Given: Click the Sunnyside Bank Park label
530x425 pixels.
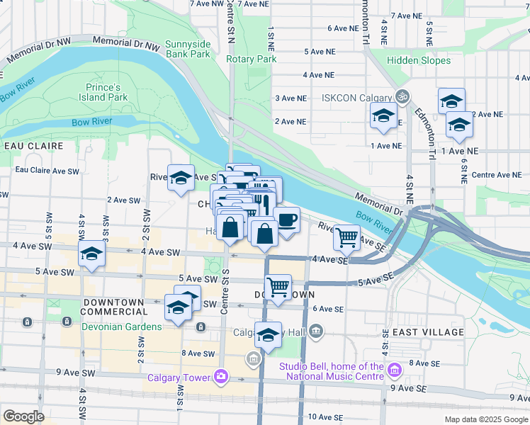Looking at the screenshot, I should click(187, 49).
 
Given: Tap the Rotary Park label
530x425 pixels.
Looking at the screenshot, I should click(251, 59).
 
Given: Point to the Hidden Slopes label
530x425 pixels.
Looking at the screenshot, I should click(419, 61).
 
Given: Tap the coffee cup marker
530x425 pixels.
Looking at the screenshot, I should click(286, 221).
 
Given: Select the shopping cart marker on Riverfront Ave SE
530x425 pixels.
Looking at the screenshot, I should click(346, 237).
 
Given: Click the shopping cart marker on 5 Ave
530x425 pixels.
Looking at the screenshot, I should click(277, 288).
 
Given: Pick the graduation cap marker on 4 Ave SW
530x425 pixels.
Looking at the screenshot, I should click(91, 256).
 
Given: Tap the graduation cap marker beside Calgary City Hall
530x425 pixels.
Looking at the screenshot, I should click(268, 336).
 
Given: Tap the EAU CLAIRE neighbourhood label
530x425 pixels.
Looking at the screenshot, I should click(33, 146).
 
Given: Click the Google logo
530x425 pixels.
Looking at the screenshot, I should click(23, 416).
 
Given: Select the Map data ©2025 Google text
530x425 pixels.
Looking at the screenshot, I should click(485, 419).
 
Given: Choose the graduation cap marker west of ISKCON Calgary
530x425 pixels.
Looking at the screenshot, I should click(383, 115).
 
